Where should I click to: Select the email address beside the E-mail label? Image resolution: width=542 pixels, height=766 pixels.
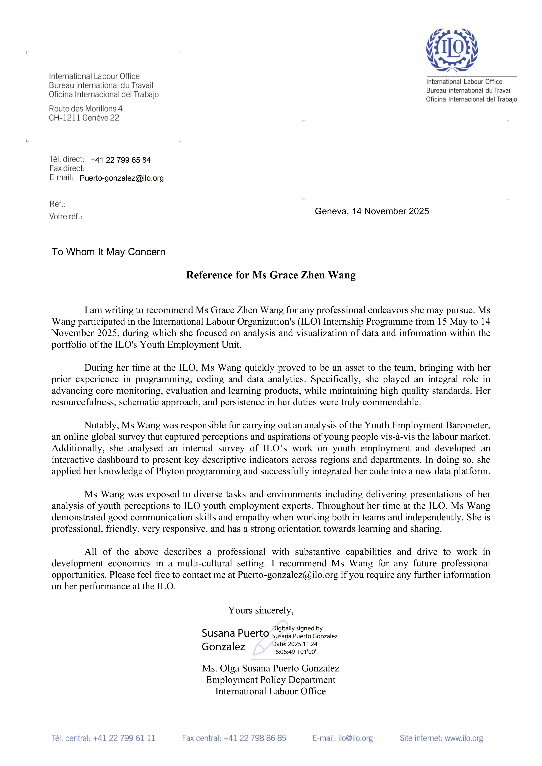(x=122, y=178)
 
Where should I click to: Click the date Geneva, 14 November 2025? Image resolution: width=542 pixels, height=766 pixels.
(x=372, y=211)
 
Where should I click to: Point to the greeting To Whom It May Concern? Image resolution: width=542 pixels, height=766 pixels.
(x=108, y=252)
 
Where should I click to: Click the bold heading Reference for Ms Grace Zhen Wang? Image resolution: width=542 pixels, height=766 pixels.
(x=271, y=275)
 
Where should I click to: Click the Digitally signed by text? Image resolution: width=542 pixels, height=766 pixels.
(x=297, y=628)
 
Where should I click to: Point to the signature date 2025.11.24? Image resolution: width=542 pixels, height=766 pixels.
(x=302, y=644)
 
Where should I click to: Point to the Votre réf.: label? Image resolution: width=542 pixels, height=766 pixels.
(x=66, y=216)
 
